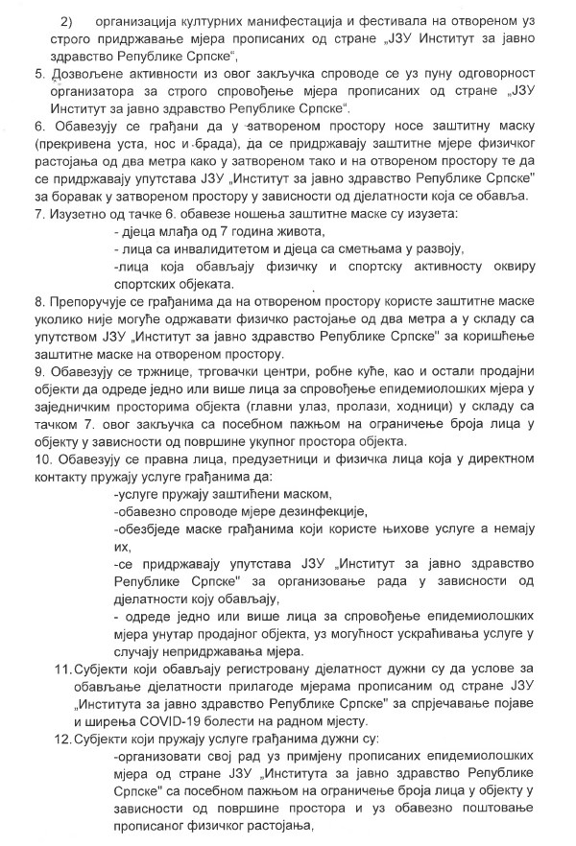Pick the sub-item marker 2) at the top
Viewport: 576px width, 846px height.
click(x=67, y=21)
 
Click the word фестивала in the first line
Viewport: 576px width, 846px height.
click(x=356, y=21)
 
